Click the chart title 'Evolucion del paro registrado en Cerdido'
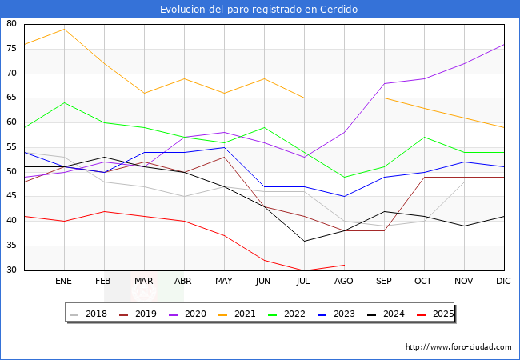point(259,10)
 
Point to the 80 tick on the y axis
point(12,24)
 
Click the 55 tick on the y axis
point(12,147)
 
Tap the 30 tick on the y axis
point(12,270)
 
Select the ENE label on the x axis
point(64,282)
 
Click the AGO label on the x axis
point(344,282)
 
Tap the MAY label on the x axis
point(224,282)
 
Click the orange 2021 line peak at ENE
point(64,29)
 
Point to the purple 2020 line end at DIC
point(504,44)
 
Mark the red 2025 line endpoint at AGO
point(344,265)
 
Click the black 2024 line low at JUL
point(304,241)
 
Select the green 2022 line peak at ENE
point(64,102)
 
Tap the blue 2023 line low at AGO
point(344,196)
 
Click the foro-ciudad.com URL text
point(458,347)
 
